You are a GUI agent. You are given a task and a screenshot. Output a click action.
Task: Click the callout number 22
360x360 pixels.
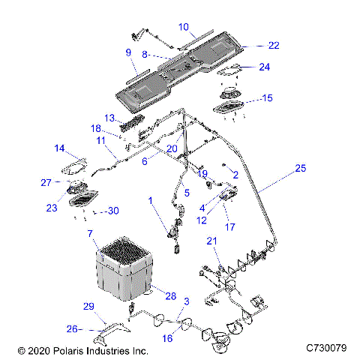coord(274,45)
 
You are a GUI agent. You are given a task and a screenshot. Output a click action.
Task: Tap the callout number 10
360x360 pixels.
coord(184,27)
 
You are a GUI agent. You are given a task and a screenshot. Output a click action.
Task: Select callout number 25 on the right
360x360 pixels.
coord(300,168)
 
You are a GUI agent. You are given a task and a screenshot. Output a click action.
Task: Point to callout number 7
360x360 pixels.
coord(90,234)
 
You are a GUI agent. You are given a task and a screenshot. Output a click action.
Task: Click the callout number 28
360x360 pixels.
coord(171,296)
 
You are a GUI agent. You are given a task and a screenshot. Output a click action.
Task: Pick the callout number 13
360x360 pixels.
coord(109,118)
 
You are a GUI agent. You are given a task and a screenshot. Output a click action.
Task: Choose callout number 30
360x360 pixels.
coord(113,211)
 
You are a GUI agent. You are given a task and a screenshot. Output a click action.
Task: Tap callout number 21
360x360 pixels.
coord(211,241)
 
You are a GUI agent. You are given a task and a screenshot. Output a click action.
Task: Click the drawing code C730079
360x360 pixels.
coord(326,348)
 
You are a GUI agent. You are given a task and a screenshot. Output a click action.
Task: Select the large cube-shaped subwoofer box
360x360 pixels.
coord(124,268)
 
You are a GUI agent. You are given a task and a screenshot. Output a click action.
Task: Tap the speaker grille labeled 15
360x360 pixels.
coord(228,106)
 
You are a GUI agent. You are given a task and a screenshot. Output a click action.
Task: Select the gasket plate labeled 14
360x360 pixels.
coord(74,167)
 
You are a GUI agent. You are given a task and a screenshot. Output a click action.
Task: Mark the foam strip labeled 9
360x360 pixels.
coord(138,76)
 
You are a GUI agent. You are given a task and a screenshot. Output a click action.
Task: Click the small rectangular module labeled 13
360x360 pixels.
coord(132,123)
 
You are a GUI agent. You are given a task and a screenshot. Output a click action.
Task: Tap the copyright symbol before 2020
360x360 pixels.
coord(22,351)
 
